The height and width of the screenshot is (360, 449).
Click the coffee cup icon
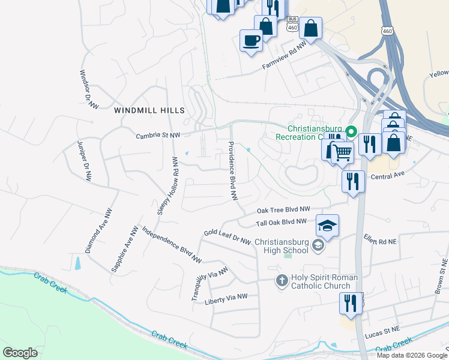(x=251, y=41)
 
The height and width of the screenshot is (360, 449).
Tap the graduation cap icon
(x=327, y=226)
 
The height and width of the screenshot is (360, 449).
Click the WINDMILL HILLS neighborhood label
(x=149, y=110)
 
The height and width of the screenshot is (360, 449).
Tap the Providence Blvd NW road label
(x=233, y=171)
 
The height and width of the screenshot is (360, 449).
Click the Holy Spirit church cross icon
(x=282, y=280)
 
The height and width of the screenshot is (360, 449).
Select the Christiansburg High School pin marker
(x=318, y=245)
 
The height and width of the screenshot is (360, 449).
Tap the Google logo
(x=20, y=352)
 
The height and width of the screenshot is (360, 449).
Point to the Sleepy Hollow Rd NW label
(x=167, y=185)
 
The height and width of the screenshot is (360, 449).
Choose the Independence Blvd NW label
(x=172, y=245)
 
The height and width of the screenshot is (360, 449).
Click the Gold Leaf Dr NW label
(x=227, y=237)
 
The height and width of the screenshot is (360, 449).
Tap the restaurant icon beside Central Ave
(x=353, y=181)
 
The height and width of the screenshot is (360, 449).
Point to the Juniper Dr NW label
(x=84, y=161)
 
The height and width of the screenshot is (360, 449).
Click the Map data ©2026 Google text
(x=412, y=355)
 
